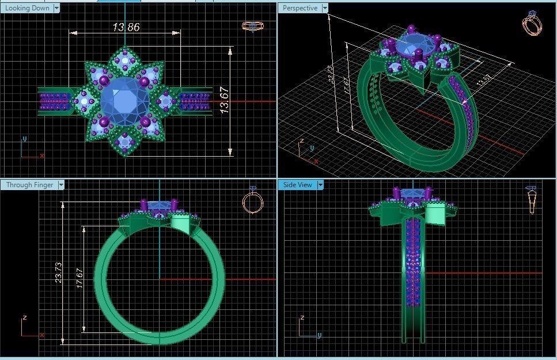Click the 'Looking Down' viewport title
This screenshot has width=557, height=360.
click(26, 8)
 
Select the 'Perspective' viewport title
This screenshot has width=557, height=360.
click(300, 8)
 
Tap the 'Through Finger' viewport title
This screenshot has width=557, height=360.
click(29, 185)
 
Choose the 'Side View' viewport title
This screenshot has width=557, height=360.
click(297, 185)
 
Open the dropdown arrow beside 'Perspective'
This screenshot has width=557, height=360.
click(325, 8)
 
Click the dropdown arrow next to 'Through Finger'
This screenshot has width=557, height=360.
click(60, 185)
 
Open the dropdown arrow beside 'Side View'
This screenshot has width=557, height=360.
click(321, 185)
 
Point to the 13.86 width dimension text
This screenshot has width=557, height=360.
click(126, 27)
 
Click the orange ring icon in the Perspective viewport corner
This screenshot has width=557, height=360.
click(533, 24)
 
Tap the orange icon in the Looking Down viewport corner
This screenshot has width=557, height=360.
click(251, 26)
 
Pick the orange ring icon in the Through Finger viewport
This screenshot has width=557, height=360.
click(252, 200)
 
